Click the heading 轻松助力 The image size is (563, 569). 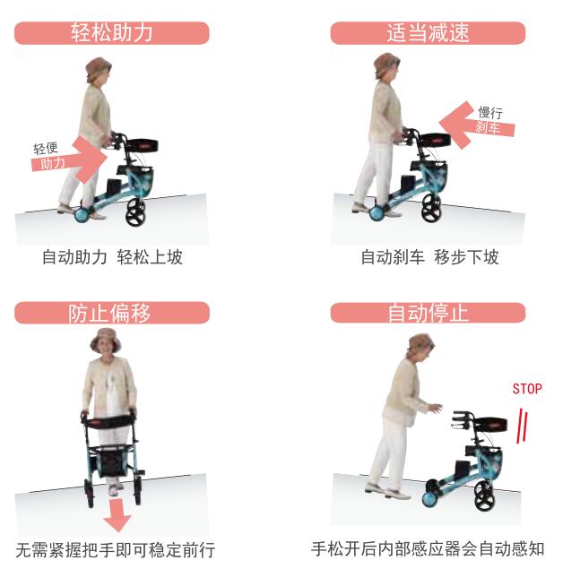pos(112,33)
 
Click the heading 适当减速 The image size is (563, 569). pos(428,33)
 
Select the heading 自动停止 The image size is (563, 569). pos(428,313)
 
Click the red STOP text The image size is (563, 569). pos(527,389)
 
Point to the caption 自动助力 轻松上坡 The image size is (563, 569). pos(112,258)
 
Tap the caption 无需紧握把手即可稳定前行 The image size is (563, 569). pos(116,549)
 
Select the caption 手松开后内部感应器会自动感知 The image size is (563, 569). pos(428,548)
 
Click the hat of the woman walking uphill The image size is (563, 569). pos(98,68)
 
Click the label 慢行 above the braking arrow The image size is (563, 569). pos(490,112)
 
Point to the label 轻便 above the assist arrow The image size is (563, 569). pos(46,147)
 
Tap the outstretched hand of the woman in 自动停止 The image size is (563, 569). pos(435,408)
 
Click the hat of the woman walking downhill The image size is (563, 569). pos(386,64)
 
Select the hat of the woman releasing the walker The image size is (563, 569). pos(420,343)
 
